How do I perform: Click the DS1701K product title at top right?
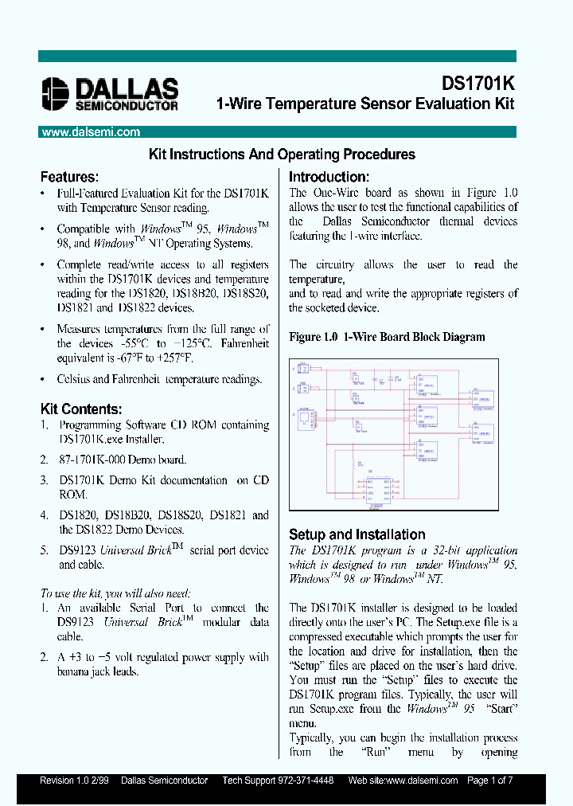477,84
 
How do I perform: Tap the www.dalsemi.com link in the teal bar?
90,133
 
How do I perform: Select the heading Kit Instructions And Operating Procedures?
282,155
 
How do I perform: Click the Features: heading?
69,177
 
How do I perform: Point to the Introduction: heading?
329,177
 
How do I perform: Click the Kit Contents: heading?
81,409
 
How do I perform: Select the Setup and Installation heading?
357,534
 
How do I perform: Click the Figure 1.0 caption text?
387,337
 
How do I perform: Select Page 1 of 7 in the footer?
490,781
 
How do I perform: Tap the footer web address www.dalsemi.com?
419,781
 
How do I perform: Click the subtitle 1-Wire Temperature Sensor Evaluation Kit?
365,104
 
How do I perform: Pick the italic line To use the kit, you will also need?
115,593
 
